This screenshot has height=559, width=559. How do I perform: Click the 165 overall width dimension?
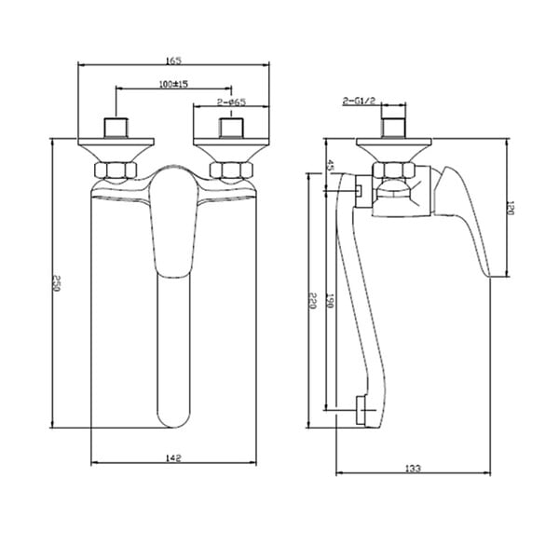[x=173, y=61]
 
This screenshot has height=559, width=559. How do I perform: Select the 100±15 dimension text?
[x=173, y=84]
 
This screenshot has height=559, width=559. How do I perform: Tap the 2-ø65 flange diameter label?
[x=231, y=102]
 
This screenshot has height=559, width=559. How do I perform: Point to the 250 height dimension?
[x=56, y=283]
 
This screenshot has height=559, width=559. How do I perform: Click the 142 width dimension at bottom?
[x=173, y=457]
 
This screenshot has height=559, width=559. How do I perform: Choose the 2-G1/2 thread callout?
[x=359, y=101]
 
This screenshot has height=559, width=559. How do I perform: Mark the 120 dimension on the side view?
[x=510, y=208]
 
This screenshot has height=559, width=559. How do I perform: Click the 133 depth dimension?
[x=413, y=468]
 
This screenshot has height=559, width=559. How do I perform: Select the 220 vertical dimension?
[x=313, y=301]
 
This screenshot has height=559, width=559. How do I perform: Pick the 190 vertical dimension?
[x=330, y=301]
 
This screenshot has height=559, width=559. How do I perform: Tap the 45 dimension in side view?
[x=330, y=166]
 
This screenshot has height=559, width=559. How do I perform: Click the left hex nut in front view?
[x=116, y=170]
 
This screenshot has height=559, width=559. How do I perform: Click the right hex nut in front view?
[x=231, y=170]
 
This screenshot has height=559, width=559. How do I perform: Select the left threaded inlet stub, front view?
[x=116, y=128]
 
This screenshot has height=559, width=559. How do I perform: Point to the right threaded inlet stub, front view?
[x=231, y=128]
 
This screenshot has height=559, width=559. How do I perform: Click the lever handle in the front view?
[x=173, y=222]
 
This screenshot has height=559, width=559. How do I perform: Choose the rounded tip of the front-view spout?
[x=173, y=419]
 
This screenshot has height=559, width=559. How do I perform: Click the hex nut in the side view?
[x=394, y=170]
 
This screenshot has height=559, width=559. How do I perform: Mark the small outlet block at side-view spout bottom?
[x=361, y=410]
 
